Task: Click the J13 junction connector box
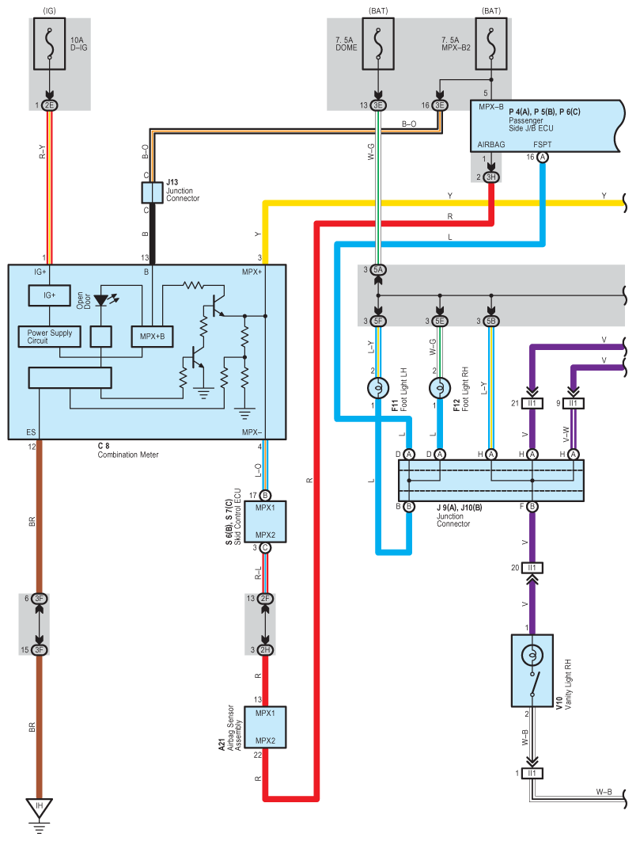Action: tap(152, 192)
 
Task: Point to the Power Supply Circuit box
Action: tap(49, 337)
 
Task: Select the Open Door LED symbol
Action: tap(102, 301)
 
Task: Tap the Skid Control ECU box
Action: tap(265, 521)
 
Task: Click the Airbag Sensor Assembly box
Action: tap(265, 727)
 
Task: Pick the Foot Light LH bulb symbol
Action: tap(378, 388)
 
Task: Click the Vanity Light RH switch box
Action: tap(532, 670)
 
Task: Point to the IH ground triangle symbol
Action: tap(39, 808)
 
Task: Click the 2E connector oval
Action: tap(49, 105)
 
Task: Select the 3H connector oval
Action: tap(491, 177)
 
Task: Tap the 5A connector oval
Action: tap(378, 271)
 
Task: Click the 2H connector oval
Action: tap(265, 650)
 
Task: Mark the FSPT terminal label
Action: tap(543, 146)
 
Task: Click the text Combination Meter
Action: tap(128, 455)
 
